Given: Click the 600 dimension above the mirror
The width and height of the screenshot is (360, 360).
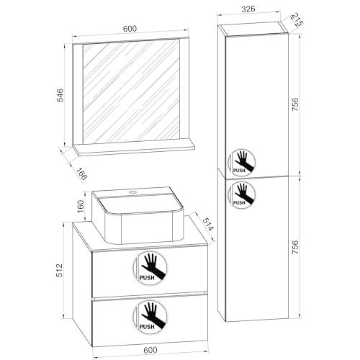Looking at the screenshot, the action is (x=130, y=29).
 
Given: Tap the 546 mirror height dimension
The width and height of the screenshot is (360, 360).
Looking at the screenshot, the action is (x=60, y=95).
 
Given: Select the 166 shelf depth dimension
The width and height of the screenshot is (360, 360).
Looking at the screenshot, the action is (x=82, y=174).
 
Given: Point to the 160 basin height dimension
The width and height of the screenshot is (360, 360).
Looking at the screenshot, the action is (x=81, y=206).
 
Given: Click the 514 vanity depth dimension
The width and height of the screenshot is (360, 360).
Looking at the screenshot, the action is (x=207, y=225).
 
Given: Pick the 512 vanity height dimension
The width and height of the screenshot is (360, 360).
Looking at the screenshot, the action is (x=59, y=270).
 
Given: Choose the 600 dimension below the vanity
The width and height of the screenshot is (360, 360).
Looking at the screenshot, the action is (x=150, y=350).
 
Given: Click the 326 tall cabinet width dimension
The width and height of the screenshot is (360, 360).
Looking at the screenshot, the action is (x=248, y=9).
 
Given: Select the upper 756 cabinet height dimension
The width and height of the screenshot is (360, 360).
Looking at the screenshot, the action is (x=295, y=104).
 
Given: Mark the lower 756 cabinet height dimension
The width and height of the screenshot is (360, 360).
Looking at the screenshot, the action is (x=295, y=247).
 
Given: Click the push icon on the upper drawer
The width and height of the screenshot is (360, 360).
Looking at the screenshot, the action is (x=150, y=268).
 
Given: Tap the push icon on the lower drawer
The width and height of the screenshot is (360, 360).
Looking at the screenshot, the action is (x=150, y=317).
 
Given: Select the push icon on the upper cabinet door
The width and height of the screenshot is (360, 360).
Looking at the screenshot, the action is (x=241, y=163).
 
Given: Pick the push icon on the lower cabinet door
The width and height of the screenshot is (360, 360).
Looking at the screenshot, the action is (x=241, y=195).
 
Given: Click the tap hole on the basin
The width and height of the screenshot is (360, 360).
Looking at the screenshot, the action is (x=132, y=192).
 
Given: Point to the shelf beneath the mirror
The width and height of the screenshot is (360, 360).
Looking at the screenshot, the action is (x=134, y=149).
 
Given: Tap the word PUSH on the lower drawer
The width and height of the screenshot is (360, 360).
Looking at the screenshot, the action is (x=147, y=327).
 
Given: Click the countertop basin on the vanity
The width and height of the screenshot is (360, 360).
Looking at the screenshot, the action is (x=138, y=215).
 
